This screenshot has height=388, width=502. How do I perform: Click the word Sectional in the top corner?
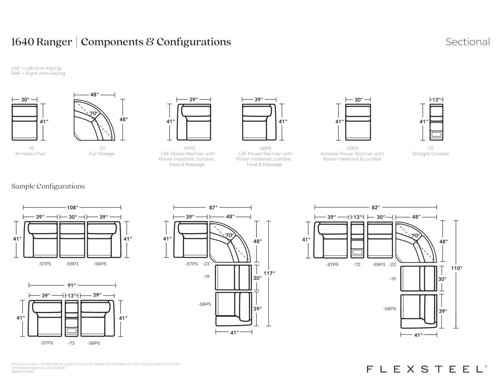pyautogui.click(x=468, y=42)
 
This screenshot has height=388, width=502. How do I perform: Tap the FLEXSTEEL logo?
pyautogui.click(x=427, y=369)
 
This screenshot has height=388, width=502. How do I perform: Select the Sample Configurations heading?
pyautogui.click(x=48, y=186)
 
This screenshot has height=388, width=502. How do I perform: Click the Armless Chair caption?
pyautogui.click(x=31, y=154)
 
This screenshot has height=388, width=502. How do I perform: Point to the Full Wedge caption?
pyautogui.click(x=101, y=154)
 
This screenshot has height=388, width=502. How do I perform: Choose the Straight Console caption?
pyautogui.click(x=431, y=154)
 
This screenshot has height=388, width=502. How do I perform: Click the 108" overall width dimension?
pyautogui.click(x=73, y=207)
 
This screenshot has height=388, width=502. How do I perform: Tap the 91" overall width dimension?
pyautogui.click(x=72, y=286)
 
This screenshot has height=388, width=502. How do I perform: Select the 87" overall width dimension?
pyautogui.click(x=213, y=207)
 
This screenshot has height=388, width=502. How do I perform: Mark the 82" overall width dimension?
pyautogui.click(x=376, y=207)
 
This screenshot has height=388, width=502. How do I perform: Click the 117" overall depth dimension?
pyautogui.click(x=269, y=273)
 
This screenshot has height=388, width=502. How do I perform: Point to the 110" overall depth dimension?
pyautogui.click(x=457, y=268)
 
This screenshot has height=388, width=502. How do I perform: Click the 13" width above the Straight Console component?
pyautogui.click(x=436, y=100)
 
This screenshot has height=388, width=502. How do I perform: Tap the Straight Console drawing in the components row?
pyautogui.click(x=436, y=122)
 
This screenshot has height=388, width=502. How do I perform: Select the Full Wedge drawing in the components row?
pyautogui.click(x=94, y=120)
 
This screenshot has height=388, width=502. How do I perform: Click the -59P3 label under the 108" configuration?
pyautogui.click(x=72, y=264)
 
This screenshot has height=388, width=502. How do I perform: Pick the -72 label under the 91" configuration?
pyautogui.click(x=71, y=343)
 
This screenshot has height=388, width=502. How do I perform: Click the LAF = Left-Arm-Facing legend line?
pyautogui.click(x=36, y=68)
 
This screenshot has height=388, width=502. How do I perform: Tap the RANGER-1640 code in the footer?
pyautogui.click(x=23, y=372)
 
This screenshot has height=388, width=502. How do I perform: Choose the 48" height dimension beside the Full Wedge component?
pyautogui.click(x=124, y=119)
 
